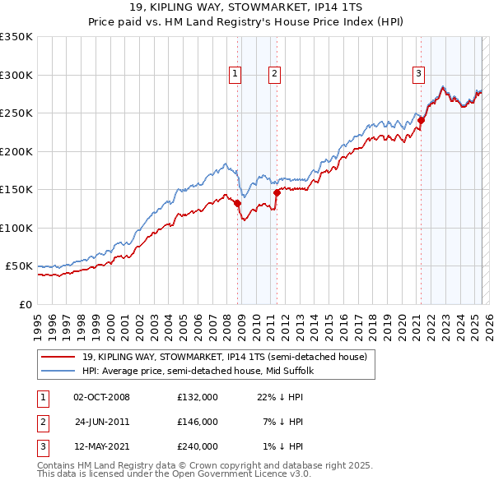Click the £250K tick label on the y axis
(x=16, y=113)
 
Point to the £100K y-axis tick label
(x=16, y=228)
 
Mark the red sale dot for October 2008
(x=238, y=203)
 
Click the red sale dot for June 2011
(x=277, y=192)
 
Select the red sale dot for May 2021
(x=421, y=120)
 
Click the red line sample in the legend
(x=58, y=357)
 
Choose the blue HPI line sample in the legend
(x=58, y=371)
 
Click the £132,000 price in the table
(x=198, y=396)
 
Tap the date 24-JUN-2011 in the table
(x=102, y=422)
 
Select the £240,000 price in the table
(x=198, y=447)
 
